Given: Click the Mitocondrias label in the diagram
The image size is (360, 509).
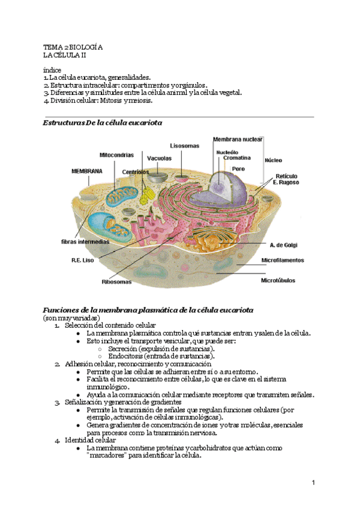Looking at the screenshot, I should [116, 155].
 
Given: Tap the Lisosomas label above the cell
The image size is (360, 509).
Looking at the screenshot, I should [184, 146].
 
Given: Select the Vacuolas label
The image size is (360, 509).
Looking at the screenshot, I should [160, 158].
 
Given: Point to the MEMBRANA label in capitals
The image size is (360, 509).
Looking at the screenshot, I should [87, 171].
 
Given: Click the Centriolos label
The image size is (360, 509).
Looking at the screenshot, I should [136, 172].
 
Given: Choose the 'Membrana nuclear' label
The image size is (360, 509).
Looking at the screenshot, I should [238, 139].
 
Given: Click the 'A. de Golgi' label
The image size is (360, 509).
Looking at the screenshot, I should [283, 245].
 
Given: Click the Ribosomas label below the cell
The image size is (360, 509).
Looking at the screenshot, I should [116, 281].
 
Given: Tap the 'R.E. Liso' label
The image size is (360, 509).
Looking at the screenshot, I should [83, 261].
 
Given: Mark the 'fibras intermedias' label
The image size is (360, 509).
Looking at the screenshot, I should [85, 242].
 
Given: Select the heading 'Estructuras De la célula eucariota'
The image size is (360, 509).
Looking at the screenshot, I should [103, 122].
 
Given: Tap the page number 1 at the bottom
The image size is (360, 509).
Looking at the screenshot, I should [313, 483].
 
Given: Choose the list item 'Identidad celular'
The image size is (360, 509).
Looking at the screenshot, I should [91, 440].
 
